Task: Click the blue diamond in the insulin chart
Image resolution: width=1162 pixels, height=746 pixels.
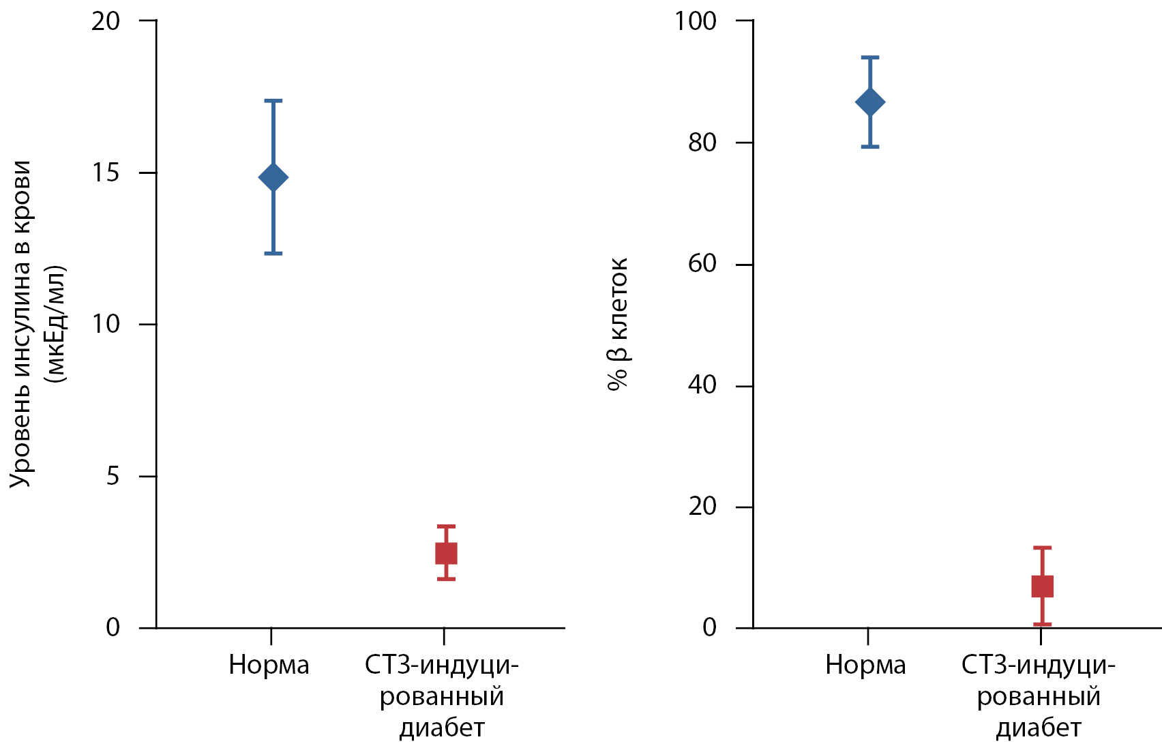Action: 273,177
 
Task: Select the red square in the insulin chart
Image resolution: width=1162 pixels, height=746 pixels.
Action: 446,553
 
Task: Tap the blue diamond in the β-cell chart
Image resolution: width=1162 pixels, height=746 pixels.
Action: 870,102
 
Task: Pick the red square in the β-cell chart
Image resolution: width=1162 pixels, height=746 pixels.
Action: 1042,586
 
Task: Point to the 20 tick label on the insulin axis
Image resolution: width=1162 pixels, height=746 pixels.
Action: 106,21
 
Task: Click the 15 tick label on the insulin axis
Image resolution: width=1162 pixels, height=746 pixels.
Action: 106,173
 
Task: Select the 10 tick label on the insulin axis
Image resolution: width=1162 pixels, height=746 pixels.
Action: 106,324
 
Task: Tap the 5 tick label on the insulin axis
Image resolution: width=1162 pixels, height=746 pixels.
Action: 113,476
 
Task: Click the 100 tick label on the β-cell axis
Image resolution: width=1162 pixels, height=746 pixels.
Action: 696,21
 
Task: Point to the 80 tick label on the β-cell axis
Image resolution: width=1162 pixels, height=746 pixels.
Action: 702,143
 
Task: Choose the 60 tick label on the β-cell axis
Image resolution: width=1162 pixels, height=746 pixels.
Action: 702,264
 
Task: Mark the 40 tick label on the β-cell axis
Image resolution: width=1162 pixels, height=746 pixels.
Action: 702,385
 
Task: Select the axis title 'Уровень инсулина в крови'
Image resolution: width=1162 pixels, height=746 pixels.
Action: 20,324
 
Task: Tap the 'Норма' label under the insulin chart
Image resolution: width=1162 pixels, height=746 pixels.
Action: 269,665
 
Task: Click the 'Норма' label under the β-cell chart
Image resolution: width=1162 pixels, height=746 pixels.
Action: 865,665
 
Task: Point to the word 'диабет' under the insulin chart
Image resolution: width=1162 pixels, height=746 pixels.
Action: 442,728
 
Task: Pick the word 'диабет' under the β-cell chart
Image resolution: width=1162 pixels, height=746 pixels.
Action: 1039,728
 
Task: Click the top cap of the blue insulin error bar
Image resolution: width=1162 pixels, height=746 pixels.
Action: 273,101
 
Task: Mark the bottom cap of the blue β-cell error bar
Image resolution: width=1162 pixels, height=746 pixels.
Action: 870,147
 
